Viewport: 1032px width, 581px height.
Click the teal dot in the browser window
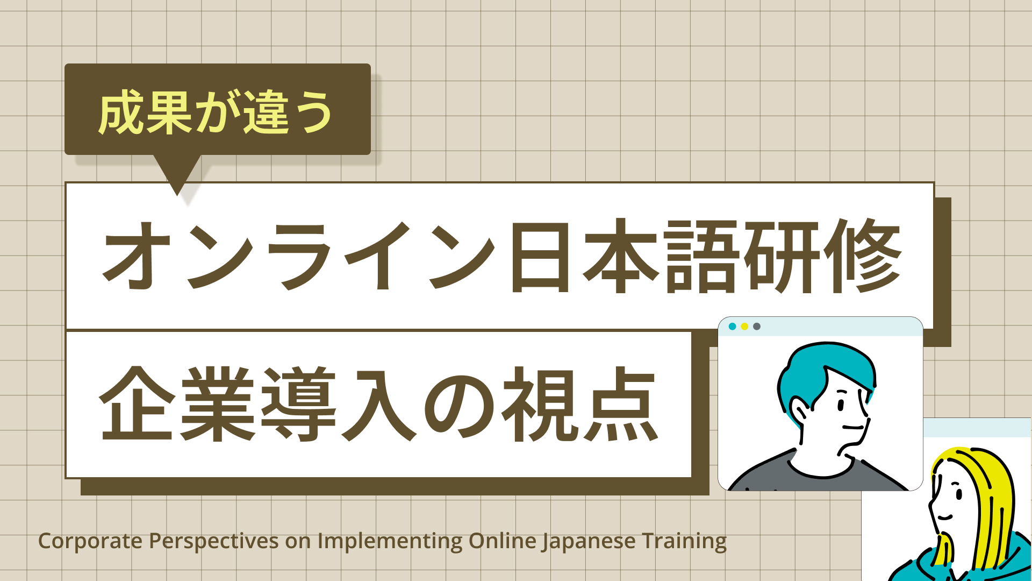(732, 327)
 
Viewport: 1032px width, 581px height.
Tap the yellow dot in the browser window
(744, 327)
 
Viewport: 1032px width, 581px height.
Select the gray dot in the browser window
(757, 327)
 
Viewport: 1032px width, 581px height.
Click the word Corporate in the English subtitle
(90, 541)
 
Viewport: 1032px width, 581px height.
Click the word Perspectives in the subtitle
(213, 541)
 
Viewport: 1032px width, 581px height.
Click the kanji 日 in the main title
(540, 256)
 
